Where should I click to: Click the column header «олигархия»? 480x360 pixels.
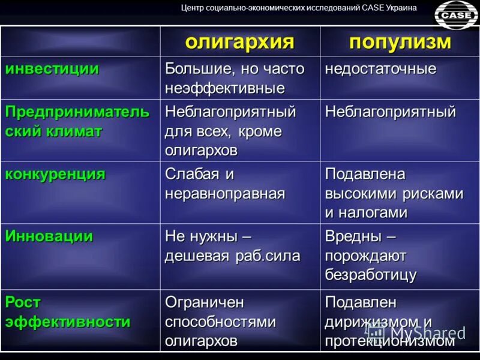click(x=239, y=42)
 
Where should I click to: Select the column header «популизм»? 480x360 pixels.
click(x=400, y=42)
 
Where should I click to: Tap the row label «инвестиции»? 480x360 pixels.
click(x=52, y=69)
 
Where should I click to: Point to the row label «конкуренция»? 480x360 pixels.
click(x=55, y=175)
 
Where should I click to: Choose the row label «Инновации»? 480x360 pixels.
click(x=49, y=236)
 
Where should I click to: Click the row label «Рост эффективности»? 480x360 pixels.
click(x=68, y=311)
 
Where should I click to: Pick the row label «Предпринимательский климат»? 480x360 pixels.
click(x=77, y=122)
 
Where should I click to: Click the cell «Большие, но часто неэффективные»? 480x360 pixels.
click(x=235, y=78)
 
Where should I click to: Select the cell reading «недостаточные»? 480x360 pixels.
click(x=380, y=69)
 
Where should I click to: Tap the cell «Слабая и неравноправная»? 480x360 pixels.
click(x=225, y=184)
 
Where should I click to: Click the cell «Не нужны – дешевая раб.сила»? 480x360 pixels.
click(x=233, y=246)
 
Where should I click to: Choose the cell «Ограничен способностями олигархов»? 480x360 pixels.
click(x=221, y=321)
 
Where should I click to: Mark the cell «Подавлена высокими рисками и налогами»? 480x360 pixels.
click(x=394, y=193)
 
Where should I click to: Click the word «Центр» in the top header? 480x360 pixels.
click(x=194, y=8)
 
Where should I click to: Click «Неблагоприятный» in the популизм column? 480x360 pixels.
click(x=391, y=112)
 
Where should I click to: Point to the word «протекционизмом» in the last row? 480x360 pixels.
click(x=389, y=341)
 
